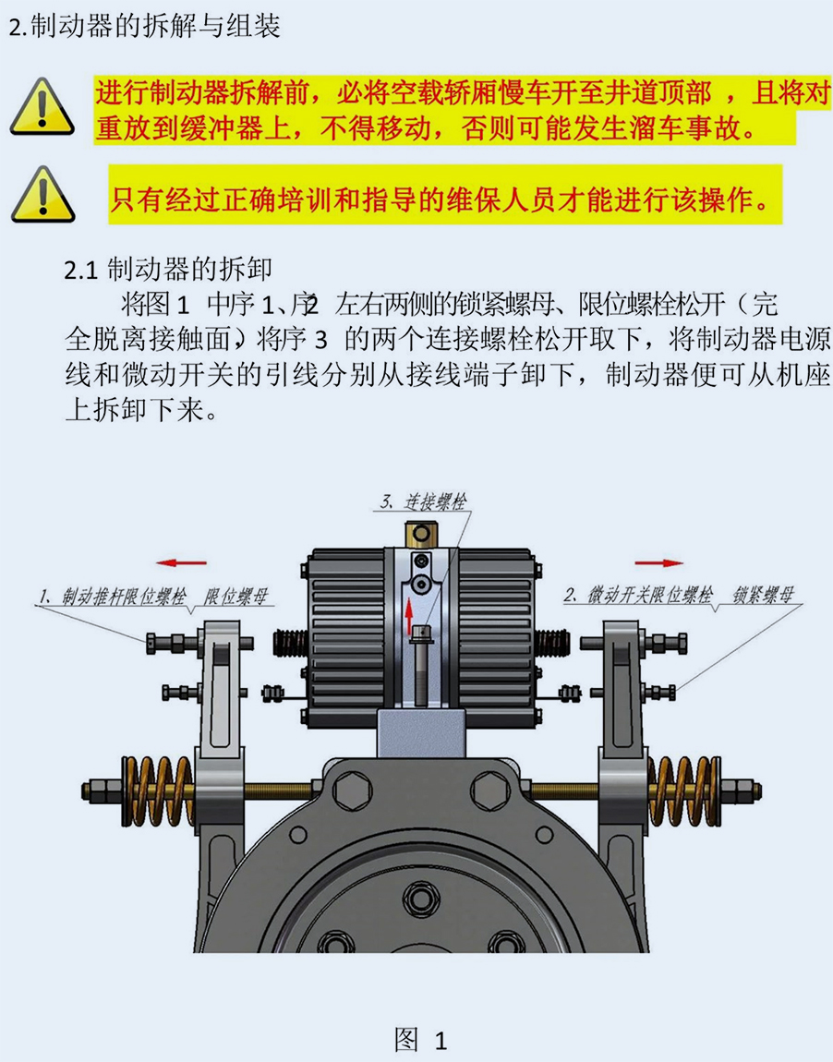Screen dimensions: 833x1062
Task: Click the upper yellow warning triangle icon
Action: click(42, 106)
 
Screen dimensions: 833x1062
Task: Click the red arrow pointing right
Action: click(659, 562)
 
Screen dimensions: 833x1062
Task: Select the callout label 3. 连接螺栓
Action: click(423, 501)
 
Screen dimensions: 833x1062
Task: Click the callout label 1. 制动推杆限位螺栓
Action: click(112, 596)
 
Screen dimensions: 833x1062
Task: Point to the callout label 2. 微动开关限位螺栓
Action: click(638, 596)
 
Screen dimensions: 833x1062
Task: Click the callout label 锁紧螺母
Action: click(763, 596)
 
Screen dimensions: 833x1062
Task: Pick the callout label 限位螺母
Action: click(237, 596)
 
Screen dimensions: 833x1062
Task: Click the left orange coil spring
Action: click(156, 791)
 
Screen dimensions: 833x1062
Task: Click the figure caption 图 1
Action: click(421, 1040)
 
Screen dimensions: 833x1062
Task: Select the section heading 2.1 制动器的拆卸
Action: click(168, 270)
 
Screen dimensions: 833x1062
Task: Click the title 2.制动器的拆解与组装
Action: click(145, 27)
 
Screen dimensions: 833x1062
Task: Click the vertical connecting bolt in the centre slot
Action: click(421, 666)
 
